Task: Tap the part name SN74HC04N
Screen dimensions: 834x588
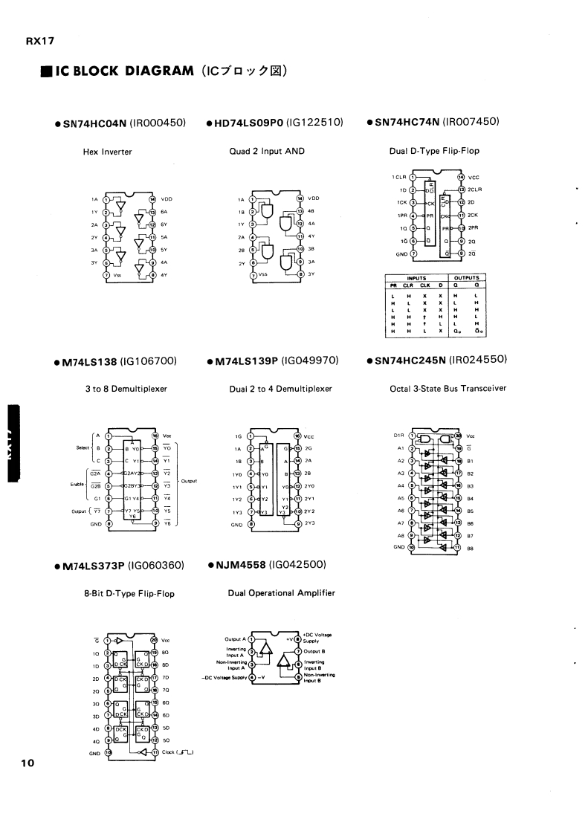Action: [x=90, y=123]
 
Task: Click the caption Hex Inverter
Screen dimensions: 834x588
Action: [x=107, y=152]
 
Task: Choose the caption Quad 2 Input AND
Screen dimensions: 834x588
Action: [x=268, y=151]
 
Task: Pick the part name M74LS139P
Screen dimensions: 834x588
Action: [x=246, y=361]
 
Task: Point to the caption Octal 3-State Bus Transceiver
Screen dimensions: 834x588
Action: [x=448, y=388]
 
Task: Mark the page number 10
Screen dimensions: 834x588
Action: [x=27, y=763]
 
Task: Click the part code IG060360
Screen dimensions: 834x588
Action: [x=156, y=566]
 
